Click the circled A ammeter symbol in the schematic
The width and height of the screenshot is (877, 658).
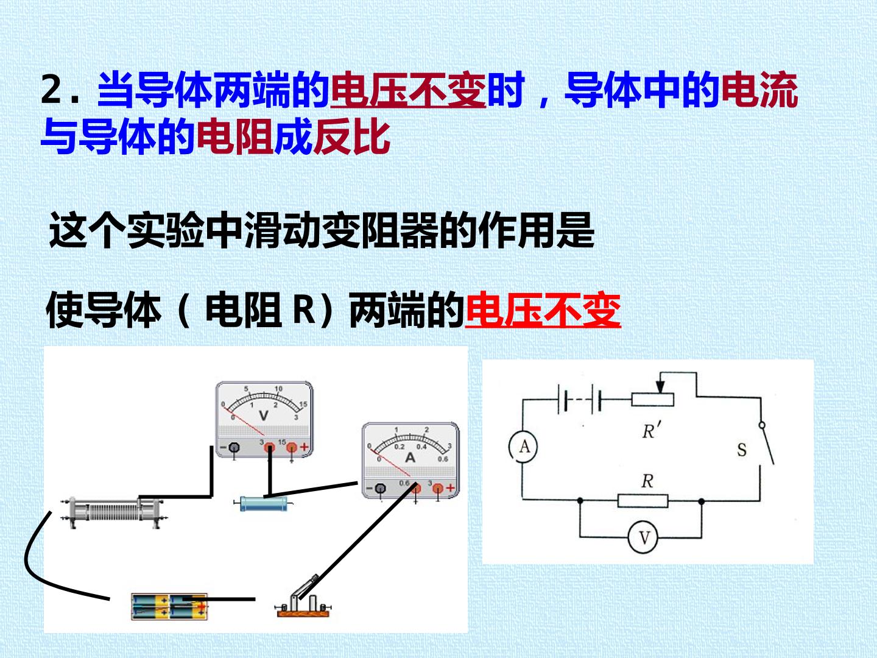(523, 447)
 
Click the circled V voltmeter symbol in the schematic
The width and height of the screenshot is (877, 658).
(643, 538)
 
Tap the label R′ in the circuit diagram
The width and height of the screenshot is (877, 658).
(651, 430)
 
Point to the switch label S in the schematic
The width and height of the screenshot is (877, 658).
(742, 450)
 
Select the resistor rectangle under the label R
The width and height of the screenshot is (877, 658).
(643, 501)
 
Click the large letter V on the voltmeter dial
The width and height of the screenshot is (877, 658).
(263, 416)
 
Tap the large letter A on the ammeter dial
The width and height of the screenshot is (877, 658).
(410, 458)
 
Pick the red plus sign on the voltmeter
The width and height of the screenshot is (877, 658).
(305, 447)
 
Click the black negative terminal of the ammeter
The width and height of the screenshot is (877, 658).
(381, 488)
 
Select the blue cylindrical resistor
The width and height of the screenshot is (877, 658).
(263, 503)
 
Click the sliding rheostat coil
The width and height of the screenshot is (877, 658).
(114, 512)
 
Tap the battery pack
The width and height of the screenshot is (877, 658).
(169, 607)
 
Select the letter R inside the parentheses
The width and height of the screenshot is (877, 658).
(304, 310)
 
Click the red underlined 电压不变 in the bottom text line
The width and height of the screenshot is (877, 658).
(543, 310)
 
